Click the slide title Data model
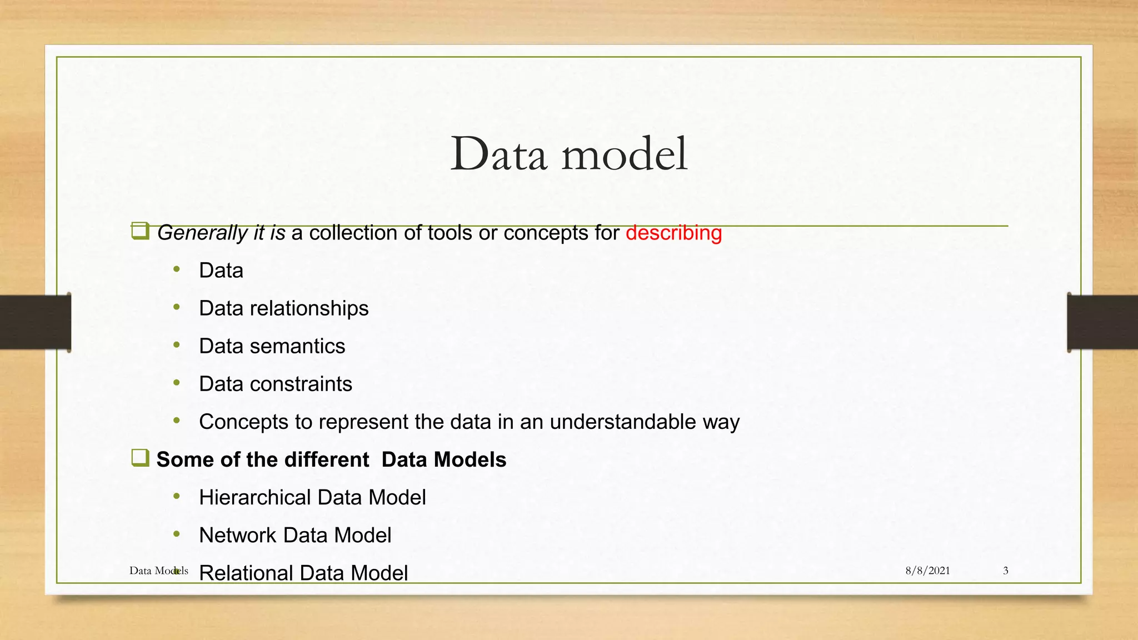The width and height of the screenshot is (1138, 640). pos(568,154)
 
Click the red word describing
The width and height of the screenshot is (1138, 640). pos(673,233)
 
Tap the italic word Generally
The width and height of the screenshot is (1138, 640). pos(202,233)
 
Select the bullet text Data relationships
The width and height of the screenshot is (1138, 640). pos(283,308)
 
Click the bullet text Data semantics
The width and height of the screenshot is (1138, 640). pos(272,346)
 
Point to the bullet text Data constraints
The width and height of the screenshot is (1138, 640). pos(275,384)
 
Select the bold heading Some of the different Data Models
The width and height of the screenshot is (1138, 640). pos(331,459)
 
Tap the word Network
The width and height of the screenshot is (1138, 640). pos(238,535)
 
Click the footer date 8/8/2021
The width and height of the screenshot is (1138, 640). pos(927,571)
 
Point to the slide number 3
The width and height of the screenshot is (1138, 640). pos(1005,571)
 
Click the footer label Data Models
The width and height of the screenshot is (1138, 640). pos(158,571)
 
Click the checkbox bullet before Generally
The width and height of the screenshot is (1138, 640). pos(140,231)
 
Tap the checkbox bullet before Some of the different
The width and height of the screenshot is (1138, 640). pos(140,458)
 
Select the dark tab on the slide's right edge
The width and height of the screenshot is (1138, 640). pos(1102,322)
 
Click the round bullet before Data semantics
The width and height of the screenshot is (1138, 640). pos(177,345)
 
